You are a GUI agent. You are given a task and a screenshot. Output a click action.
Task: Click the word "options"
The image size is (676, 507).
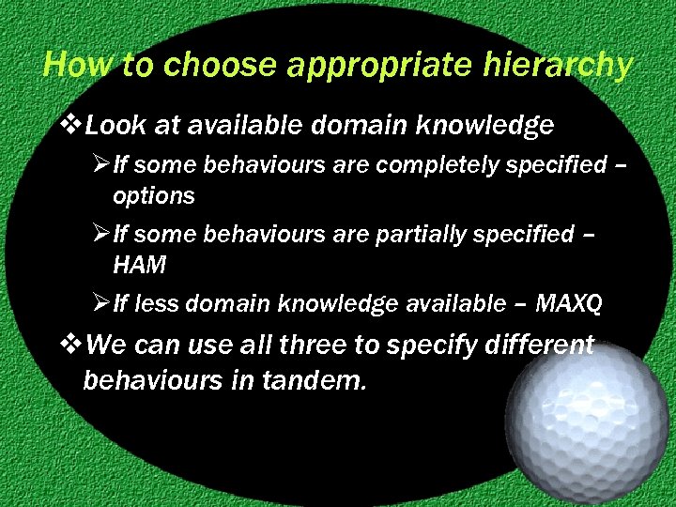[x=154, y=195]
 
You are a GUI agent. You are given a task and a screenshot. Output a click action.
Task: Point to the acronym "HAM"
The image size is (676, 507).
[x=139, y=265]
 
